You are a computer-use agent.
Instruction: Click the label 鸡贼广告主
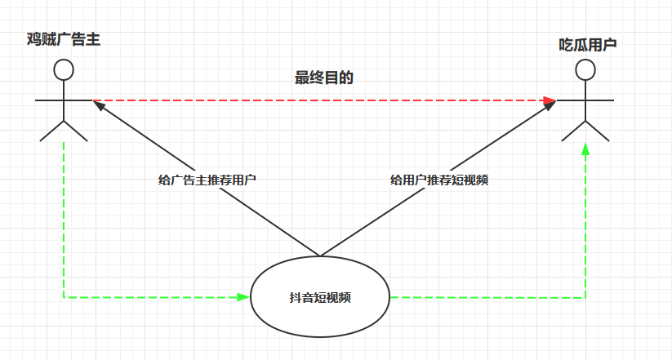coord(63,38)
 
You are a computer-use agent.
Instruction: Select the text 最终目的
coord(323,78)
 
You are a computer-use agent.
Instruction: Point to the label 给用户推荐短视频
coord(439,180)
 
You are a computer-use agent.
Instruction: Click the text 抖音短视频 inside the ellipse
coord(320,298)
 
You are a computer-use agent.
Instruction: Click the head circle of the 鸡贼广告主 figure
coord(63,69)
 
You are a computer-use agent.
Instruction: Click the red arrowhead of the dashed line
coord(550,100)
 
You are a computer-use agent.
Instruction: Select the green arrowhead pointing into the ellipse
coord(243,297)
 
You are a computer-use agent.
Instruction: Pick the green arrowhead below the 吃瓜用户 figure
coord(585,150)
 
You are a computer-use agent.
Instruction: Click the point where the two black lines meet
coord(319,256)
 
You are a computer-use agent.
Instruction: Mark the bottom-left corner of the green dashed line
coord(64,297)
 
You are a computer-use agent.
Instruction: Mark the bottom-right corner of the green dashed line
coord(585,297)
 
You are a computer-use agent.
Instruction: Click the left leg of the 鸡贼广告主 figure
coord(51,131)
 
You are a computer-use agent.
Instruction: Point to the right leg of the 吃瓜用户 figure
coord(597,131)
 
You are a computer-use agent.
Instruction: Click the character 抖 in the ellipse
coord(294,298)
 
